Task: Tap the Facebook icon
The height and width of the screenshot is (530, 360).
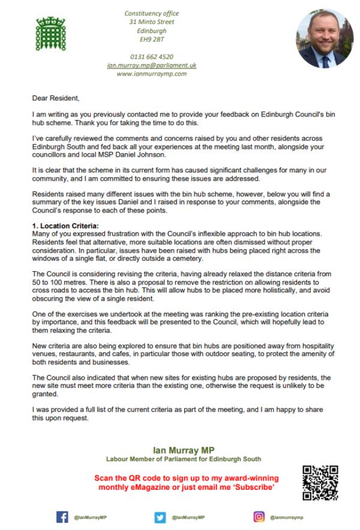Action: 62,517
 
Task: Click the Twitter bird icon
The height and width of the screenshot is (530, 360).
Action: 160,517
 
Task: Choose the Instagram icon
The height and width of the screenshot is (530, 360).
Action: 260,517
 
